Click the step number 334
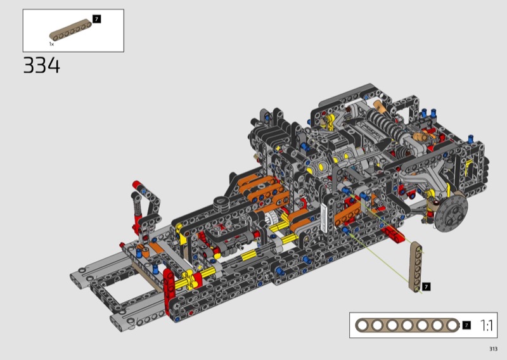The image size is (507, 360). point(42,65)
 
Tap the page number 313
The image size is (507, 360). point(493,349)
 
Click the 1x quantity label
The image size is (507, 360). point(52,44)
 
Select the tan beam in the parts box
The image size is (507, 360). point(70,30)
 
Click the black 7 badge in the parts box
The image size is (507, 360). point(96,19)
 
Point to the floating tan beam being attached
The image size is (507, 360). point(416,267)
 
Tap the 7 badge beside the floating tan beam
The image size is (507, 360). point(426,286)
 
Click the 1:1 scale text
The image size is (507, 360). point(487,325)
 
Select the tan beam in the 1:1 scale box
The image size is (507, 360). point(408,325)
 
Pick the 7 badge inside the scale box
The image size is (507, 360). point(466,325)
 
